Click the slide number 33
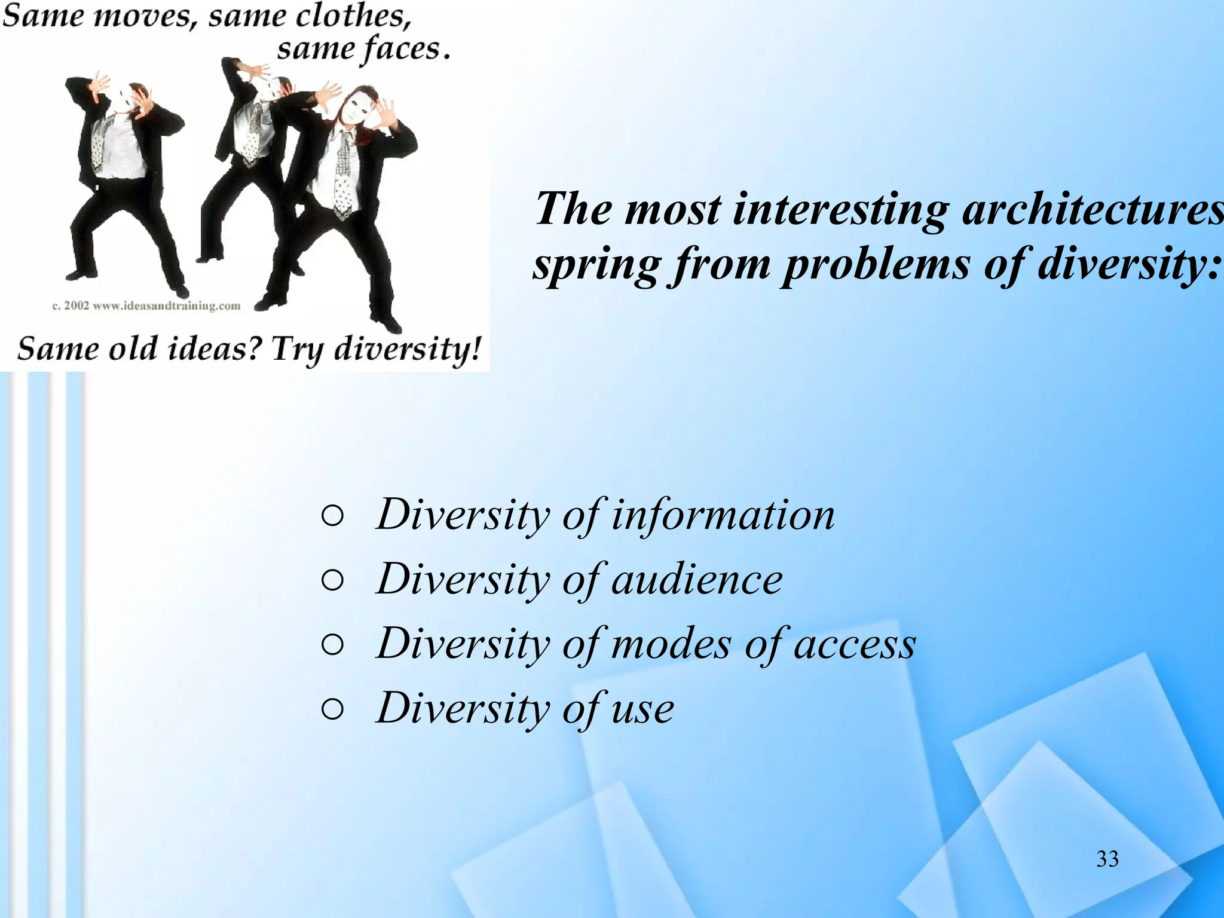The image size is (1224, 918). point(1107,859)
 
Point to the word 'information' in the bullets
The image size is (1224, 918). point(723,515)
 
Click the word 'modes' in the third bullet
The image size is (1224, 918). point(671,644)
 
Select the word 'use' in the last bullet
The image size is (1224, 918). point(642,708)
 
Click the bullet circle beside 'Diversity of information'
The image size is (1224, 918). point(332,516)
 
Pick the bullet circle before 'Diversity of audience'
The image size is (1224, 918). point(332,580)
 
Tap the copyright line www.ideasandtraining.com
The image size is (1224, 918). point(146,306)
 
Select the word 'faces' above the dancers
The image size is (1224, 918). point(402,49)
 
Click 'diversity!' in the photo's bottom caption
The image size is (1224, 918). point(406,349)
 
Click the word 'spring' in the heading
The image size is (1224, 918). point(596,264)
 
